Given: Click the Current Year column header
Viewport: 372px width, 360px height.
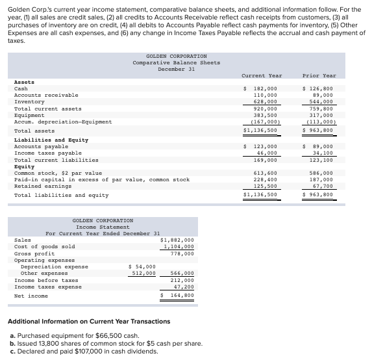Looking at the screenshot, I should pos(261,75).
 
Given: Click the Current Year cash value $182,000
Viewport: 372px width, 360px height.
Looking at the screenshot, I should pos(261,88).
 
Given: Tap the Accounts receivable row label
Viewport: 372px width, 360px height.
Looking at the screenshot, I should pos(46,95).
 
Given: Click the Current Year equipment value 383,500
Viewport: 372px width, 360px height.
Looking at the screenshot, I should pos(264,115).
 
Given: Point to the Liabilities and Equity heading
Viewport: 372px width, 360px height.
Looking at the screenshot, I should pos(51,140).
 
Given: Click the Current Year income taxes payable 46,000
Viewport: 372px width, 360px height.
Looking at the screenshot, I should pos(266,153).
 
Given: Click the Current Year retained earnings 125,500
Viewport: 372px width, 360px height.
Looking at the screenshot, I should pos(264,186).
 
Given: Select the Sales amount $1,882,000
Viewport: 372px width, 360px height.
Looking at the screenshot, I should pos(177,240).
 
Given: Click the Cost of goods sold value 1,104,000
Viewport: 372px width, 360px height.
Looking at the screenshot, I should pos(178,246).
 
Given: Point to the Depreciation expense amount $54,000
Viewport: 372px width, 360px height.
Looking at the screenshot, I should pos(142,266).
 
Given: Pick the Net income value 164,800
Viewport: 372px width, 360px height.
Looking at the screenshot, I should pos(180,295).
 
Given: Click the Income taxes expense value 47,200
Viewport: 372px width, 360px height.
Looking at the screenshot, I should pos(184,286).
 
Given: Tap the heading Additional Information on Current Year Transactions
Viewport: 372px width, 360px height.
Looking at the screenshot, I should pos(88,321).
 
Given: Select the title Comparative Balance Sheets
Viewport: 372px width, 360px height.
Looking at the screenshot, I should pos(176,62).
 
